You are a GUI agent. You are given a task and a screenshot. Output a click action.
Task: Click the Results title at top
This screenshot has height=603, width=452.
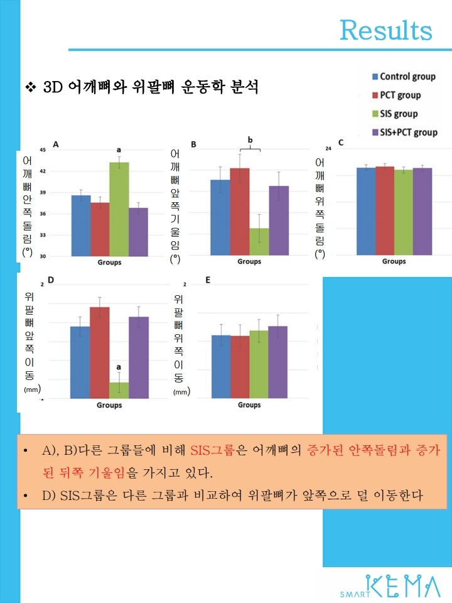(385, 30)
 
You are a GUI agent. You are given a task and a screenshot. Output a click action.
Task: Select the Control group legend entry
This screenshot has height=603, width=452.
(407, 77)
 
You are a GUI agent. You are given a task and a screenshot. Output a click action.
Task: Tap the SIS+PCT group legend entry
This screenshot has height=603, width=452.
(408, 133)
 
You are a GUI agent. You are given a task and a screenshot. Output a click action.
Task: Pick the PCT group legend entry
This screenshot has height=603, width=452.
(400, 95)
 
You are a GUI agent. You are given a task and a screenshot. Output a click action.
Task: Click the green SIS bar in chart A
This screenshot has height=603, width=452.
(119, 209)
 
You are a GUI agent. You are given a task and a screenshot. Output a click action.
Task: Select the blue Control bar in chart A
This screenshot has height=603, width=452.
(81, 225)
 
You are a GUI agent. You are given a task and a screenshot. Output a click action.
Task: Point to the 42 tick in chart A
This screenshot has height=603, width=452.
(42, 171)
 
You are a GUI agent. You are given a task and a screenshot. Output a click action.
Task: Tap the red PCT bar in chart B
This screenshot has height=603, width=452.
(239, 212)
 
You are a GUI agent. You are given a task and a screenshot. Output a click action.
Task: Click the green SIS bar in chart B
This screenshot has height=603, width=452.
(259, 241)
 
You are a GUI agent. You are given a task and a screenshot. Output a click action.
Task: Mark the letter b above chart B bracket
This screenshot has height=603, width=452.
(250, 139)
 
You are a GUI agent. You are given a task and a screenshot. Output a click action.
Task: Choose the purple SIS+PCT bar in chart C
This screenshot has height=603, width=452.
(422, 211)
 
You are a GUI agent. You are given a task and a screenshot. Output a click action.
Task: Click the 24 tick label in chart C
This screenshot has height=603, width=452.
(328, 148)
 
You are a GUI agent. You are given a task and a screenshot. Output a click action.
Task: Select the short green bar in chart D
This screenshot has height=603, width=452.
(119, 390)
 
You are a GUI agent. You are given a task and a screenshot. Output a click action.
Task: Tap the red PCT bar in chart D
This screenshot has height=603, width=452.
(99, 352)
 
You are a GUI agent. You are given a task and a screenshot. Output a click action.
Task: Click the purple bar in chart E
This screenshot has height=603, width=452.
(277, 362)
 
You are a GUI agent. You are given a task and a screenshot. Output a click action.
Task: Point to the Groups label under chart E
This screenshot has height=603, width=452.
(249, 405)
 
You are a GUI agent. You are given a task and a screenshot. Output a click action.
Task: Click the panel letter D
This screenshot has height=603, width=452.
(50, 280)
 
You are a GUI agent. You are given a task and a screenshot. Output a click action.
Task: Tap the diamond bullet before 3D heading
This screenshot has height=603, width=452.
(29, 87)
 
